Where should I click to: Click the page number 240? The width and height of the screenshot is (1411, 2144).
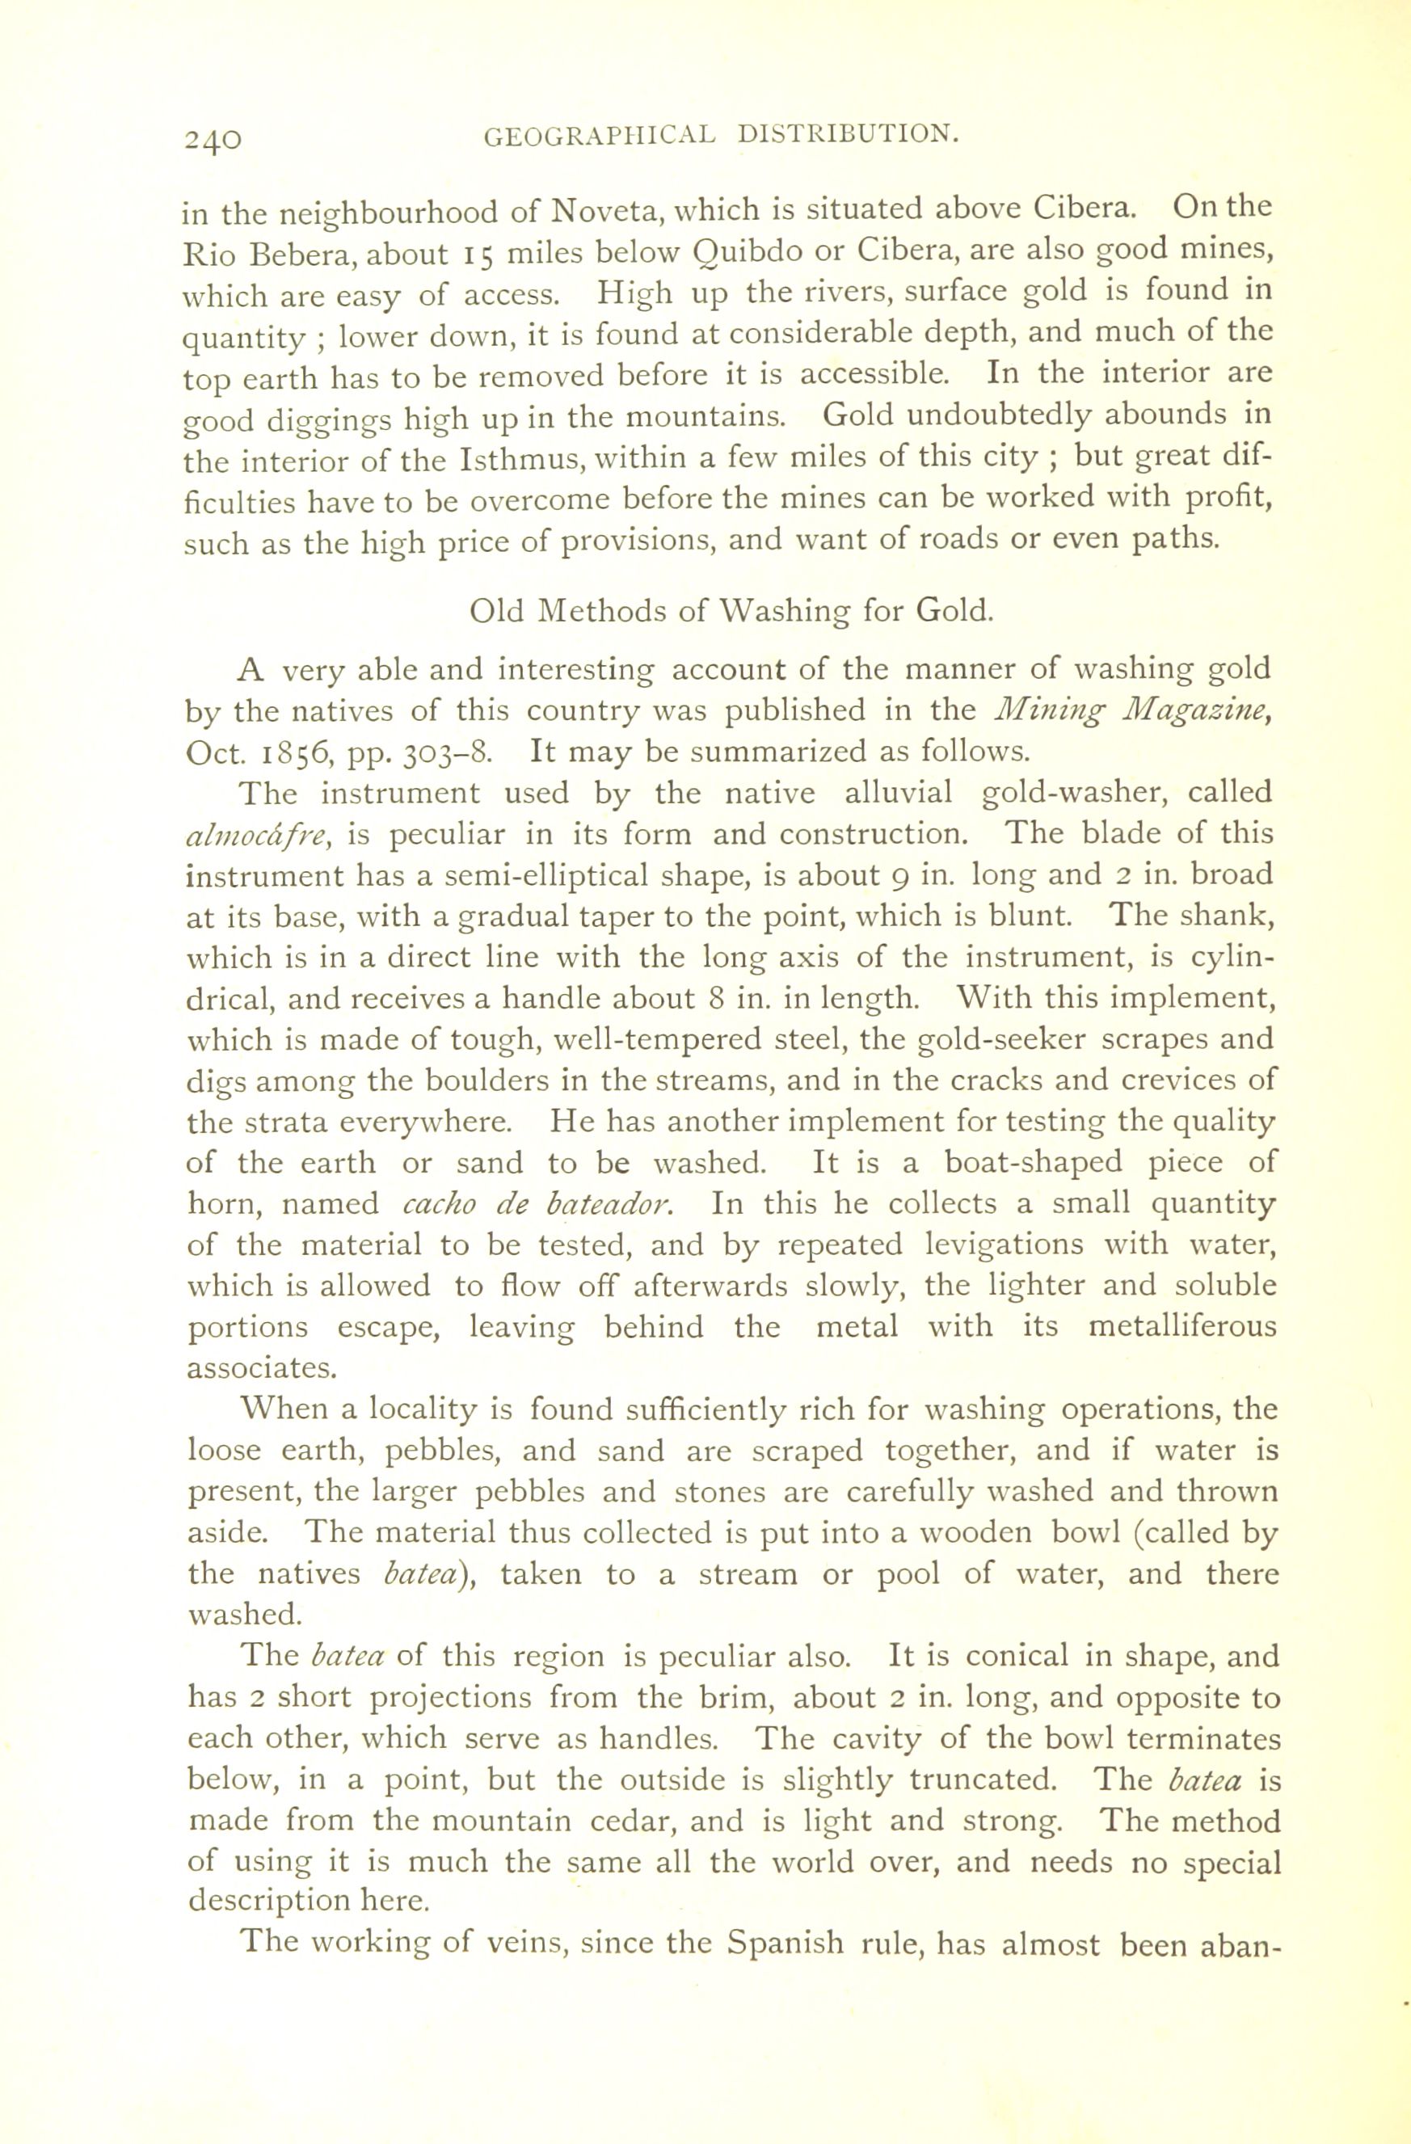(x=213, y=141)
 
